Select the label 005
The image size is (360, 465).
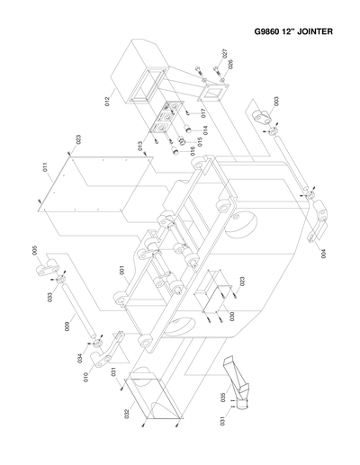35,251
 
